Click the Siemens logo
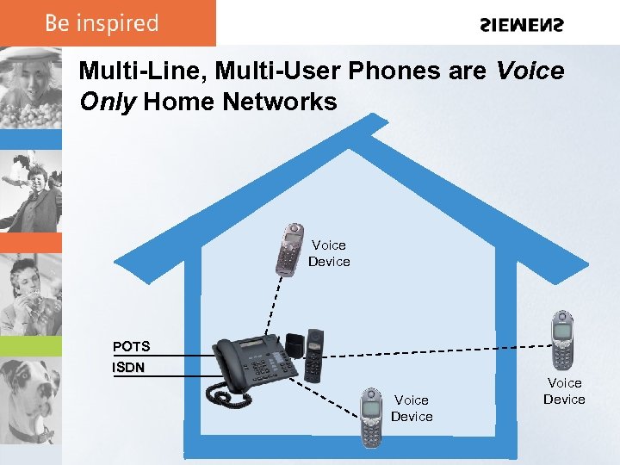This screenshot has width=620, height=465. click(521, 25)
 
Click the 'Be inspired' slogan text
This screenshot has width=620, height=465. click(102, 23)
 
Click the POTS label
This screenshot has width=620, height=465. click(131, 347)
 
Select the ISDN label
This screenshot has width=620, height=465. click(129, 368)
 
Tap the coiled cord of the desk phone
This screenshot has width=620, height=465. click(226, 397)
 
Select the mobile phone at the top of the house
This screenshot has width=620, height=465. click(290, 248)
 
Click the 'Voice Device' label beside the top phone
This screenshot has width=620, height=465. click(329, 253)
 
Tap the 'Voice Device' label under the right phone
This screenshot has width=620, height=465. click(564, 391)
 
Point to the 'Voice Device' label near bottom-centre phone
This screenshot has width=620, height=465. click(412, 408)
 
